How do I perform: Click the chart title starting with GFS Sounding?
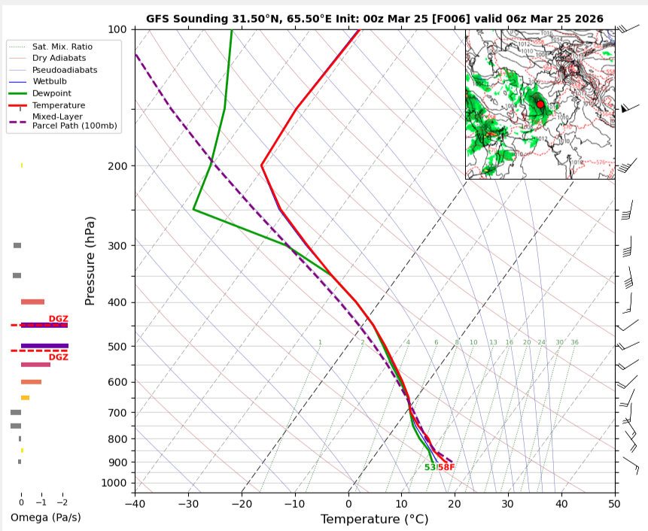point(374,19)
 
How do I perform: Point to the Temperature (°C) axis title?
point(374,520)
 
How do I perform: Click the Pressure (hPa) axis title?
point(90,261)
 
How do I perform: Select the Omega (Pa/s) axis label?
point(45,517)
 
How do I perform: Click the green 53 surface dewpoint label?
point(429,468)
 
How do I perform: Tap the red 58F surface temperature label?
point(446,468)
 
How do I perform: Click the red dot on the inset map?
point(540,104)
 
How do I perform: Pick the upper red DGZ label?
point(58,319)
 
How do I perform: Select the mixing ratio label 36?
point(574,342)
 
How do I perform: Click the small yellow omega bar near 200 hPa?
point(22,165)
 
